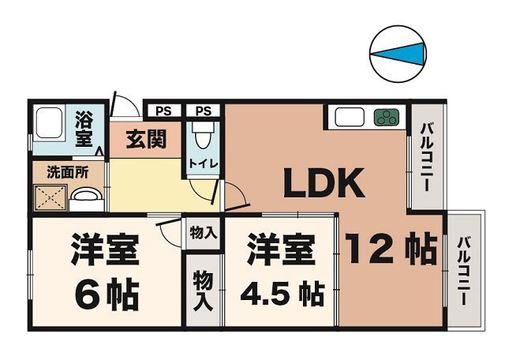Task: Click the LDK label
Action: click(x=324, y=184)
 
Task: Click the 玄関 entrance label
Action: click(x=146, y=140)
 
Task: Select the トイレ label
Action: click(x=203, y=163)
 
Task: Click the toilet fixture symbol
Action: click(x=203, y=139)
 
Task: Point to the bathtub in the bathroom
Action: click(x=48, y=124)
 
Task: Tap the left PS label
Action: click(x=163, y=111)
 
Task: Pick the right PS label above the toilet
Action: click(x=203, y=111)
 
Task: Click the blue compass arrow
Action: click(x=398, y=54)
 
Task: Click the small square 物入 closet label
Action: click(x=204, y=233)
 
